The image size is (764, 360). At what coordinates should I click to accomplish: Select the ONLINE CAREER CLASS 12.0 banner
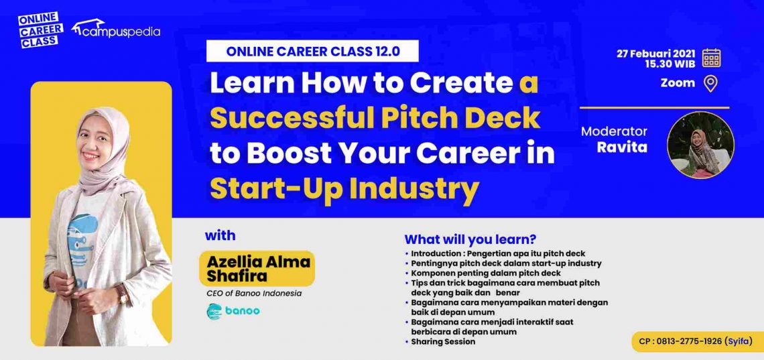tap(312, 51)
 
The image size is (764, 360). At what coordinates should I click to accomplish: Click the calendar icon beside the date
tap(712, 58)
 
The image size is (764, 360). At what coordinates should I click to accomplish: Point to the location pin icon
tap(710, 84)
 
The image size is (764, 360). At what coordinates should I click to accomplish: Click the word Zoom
tap(678, 83)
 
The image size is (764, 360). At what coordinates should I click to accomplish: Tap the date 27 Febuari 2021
tap(656, 54)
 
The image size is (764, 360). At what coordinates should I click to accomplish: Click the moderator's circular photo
tap(700, 145)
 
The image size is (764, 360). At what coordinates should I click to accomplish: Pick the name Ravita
tap(623, 146)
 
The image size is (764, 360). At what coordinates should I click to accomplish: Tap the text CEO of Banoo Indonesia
tap(244, 292)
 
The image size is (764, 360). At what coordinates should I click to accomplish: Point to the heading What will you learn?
tap(470, 239)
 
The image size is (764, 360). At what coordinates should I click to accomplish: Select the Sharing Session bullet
tap(443, 341)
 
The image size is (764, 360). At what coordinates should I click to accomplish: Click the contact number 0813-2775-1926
tap(689, 341)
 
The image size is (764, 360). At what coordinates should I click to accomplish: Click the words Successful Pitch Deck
tap(375, 117)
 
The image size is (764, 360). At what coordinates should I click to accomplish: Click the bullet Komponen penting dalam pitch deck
tap(486, 273)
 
